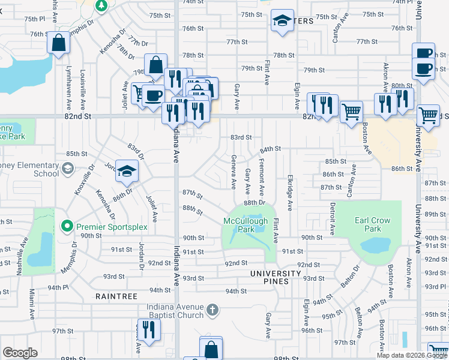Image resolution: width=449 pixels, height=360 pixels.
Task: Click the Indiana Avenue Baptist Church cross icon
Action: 211,310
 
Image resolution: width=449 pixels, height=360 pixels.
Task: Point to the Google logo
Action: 20,353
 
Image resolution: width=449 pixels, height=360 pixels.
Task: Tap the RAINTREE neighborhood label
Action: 116,296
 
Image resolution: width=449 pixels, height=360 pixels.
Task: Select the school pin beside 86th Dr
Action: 127,170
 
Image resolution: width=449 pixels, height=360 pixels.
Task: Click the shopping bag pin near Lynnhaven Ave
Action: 58,44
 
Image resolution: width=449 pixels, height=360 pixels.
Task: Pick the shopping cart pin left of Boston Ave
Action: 351,110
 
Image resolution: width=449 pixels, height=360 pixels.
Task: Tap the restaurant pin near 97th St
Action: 148,329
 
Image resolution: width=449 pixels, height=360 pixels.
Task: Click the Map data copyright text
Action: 412,354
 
